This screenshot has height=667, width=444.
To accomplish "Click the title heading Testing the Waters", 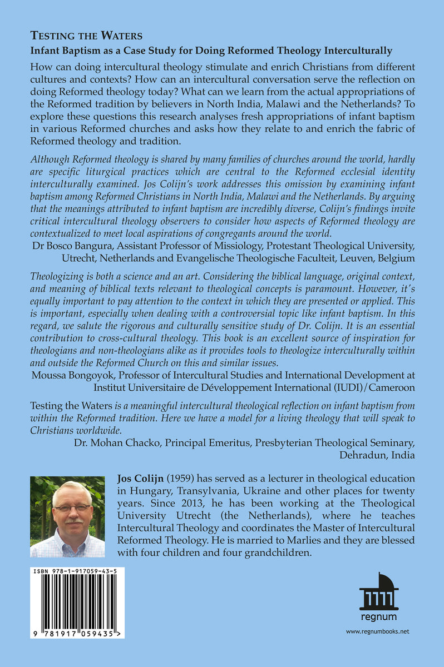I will [x=86, y=36].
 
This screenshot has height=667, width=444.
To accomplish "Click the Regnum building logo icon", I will [x=379, y=593].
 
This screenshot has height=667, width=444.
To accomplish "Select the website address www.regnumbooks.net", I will [x=378, y=631].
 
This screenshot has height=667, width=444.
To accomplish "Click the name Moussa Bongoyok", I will [x=67, y=371].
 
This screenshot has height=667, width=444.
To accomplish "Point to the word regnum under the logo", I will [x=378, y=616].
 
